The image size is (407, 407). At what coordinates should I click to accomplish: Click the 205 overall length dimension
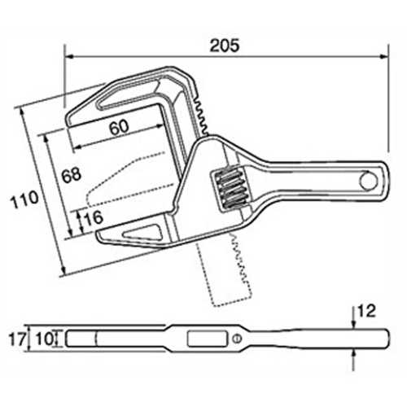tap(225, 46)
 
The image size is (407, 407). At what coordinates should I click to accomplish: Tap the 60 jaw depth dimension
tap(119, 127)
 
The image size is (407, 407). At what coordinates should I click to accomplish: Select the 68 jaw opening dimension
tap(71, 175)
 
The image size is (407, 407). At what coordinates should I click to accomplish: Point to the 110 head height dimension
tap(24, 199)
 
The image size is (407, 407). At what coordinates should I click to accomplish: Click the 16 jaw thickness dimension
tap(94, 218)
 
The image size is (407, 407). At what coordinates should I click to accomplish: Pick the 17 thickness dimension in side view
tap(18, 339)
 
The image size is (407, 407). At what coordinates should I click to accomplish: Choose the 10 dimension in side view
tap(45, 339)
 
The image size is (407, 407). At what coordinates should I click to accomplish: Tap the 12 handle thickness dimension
tap(366, 311)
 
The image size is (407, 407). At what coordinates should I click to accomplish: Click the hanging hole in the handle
tap(369, 181)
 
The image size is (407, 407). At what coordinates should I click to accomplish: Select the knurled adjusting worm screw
tap(230, 188)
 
